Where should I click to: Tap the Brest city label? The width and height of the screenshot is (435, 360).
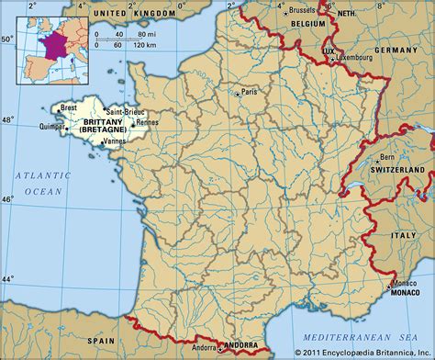click(x=69, y=108)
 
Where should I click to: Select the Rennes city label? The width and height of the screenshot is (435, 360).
click(x=148, y=121)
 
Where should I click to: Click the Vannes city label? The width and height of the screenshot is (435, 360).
click(x=116, y=142)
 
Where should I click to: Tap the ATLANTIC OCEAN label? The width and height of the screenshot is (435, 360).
click(x=42, y=184)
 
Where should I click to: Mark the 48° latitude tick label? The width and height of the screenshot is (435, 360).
click(x=8, y=120)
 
